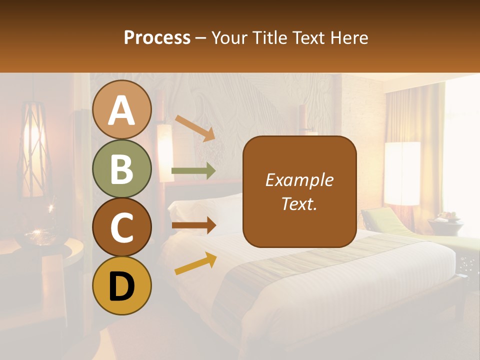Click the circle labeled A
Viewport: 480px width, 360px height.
click(121, 110)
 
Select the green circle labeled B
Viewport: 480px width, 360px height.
click(121, 168)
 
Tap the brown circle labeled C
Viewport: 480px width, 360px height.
click(121, 227)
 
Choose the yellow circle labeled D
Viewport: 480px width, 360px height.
click(121, 285)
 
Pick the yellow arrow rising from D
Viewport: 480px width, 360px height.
click(195, 263)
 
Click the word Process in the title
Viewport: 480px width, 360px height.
click(157, 37)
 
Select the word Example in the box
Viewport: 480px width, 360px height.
click(299, 180)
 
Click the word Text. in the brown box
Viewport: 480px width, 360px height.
click(299, 203)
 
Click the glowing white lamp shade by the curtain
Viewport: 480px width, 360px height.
click(402, 172)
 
